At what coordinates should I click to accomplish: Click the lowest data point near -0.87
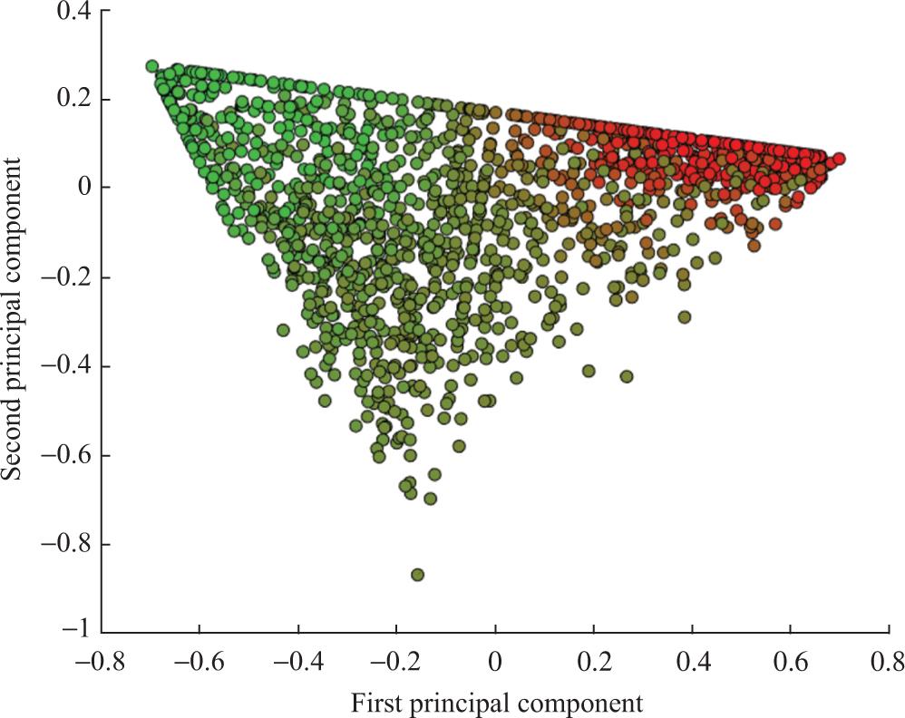pyautogui.click(x=417, y=575)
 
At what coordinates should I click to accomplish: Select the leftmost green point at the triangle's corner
pyautogui.click(x=152, y=66)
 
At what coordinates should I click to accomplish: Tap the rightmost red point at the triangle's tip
pyautogui.click(x=839, y=159)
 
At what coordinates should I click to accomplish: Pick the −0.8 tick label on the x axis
pyautogui.click(x=101, y=659)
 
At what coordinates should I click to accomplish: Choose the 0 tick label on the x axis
pyautogui.click(x=495, y=659)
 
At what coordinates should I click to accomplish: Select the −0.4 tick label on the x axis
pyautogui.click(x=297, y=659)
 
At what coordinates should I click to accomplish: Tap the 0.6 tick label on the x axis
pyautogui.click(x=791, y=659)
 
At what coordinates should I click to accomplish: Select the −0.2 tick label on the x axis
pyautogui.click(x=396, y=659)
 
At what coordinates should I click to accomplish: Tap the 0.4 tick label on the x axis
pyautogui.click(x=692, y=659)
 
